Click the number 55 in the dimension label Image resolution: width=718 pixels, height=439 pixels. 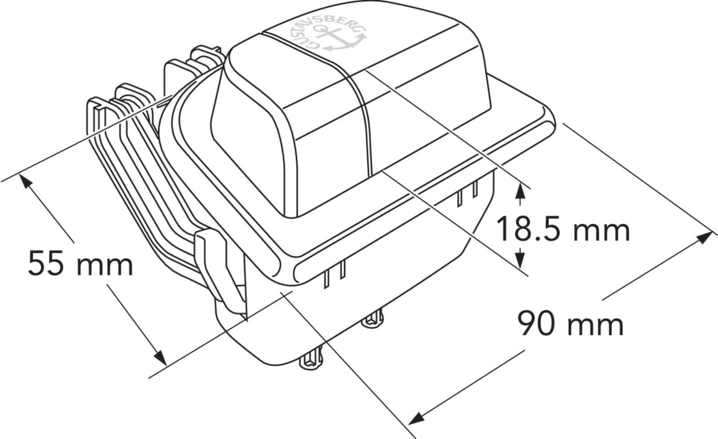coord(46,264)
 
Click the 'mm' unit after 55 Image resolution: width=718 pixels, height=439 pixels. coord(105,266)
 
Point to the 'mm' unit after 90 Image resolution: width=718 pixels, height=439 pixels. coord(595,326)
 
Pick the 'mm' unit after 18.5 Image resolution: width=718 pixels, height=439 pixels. coord(601,231)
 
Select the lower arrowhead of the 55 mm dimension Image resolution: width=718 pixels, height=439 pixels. coord(160,358)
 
